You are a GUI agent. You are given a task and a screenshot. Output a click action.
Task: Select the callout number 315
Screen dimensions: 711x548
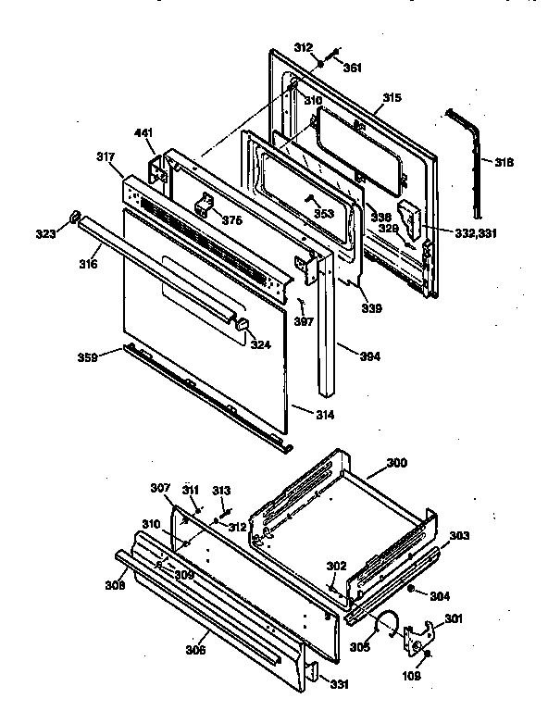pyautogui.click(x=392, y=97)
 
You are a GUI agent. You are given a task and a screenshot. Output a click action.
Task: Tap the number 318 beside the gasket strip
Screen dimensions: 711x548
pyautogui.click(x=504, y=163)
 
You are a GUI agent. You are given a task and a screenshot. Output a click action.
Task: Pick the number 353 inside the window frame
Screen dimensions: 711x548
pyautogui.click(x=323, y=213)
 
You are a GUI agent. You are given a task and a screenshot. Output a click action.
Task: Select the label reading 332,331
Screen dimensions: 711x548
pyautogui.click(x=476, y=233)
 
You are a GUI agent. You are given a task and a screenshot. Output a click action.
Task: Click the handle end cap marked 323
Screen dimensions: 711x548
pyautogui.click(x=71, y=219)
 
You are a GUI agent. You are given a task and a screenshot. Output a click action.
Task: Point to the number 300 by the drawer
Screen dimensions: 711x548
pyautogui.click(x=396, y=462)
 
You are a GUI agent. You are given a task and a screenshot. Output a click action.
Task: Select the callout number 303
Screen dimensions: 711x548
pyautogui.click(x=459, y=536)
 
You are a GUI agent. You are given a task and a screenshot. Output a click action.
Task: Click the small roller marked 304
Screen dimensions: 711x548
pyautogui.click(x=410, y=589)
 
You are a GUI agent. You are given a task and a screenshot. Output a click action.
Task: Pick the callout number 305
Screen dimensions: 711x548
pyautogui.click(x=358, y=646)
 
